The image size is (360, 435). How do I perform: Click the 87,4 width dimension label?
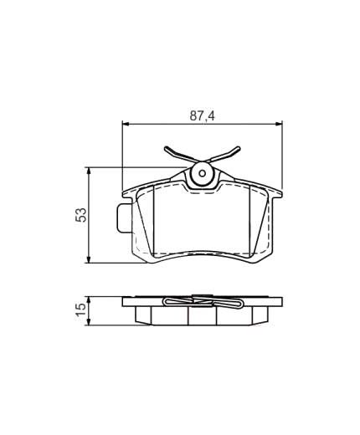point(202,115)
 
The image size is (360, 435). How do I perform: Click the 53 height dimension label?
point(81,215)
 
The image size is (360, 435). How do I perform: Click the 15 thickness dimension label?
point(81,310)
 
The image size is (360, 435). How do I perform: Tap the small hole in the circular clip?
point(203,173)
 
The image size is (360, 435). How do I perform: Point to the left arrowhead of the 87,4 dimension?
point(125,124)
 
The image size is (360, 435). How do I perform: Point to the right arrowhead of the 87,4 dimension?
point(280,124)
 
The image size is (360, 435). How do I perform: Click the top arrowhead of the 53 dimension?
point(89,171)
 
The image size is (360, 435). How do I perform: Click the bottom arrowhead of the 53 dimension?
point(89,260)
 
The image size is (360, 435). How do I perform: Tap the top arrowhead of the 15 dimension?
point(89,299)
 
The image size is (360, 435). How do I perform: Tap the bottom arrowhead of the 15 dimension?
point(89,322)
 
